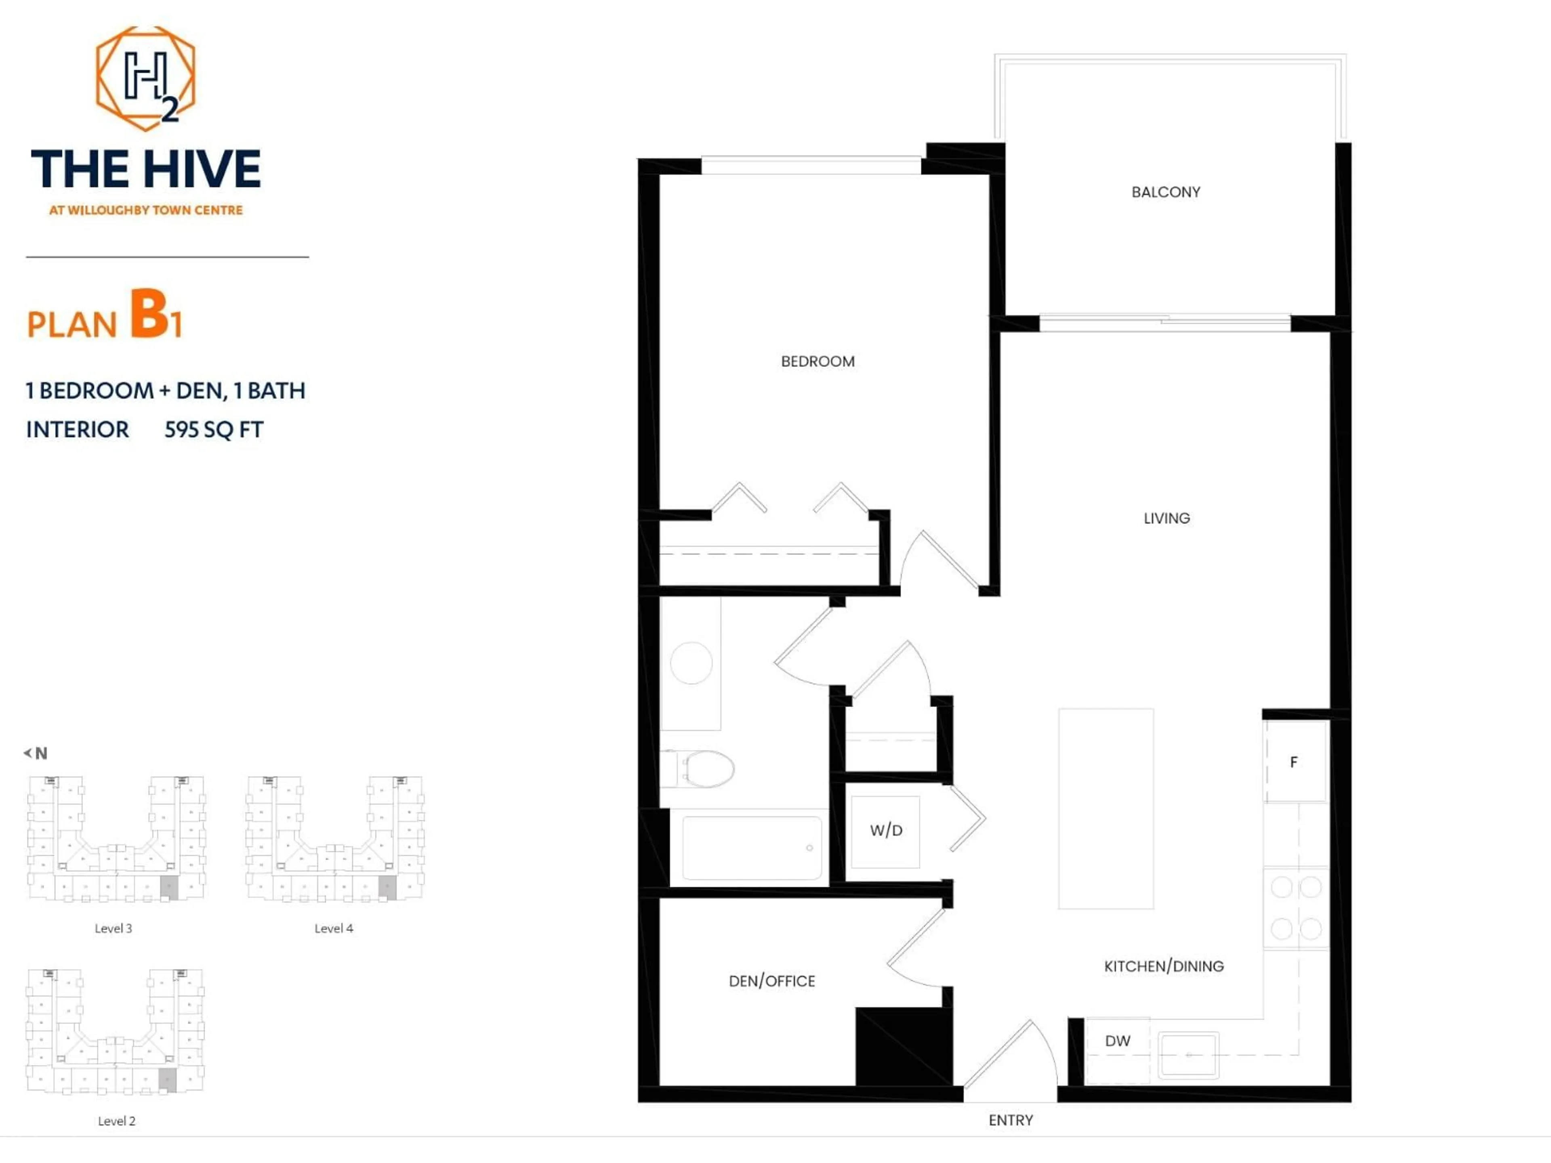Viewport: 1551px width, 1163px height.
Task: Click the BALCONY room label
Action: coord(1165,192)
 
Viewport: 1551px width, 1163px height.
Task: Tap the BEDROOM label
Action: coord(818,362)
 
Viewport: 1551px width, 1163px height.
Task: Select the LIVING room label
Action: coord(1166,518)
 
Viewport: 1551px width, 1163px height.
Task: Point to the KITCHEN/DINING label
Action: coord(1163,966)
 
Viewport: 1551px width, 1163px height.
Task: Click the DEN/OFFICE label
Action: coord(771,981)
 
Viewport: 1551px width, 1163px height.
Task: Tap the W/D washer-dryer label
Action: coord(886,831)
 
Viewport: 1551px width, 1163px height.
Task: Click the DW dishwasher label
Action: coord(1117,1041)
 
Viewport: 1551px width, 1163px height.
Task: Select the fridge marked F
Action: coord(1294,762)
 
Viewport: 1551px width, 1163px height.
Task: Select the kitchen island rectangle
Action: coord(1106,808)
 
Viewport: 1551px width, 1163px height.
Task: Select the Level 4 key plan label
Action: coord(334,928)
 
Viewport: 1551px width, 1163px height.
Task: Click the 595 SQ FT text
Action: coord(214,430)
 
